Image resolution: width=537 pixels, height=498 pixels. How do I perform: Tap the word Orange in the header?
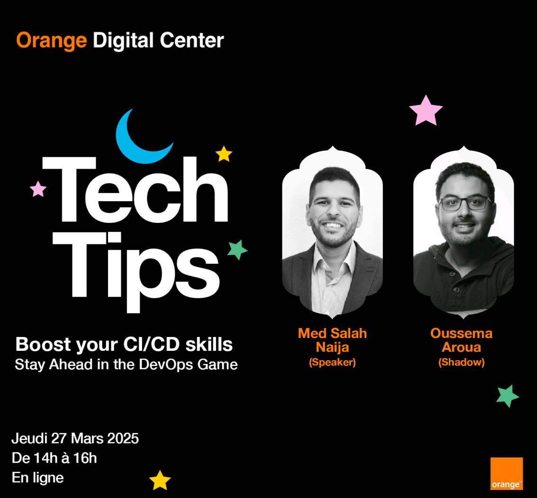[x=51, y=41]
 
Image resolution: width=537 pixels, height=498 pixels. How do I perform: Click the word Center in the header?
[x=192, y=40]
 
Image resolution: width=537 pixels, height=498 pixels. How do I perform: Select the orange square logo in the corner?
[x=507, y=474]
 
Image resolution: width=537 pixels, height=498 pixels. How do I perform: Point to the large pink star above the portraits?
[x=426, y=111]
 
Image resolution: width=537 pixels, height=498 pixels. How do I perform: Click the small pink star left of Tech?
[x=38, y=189]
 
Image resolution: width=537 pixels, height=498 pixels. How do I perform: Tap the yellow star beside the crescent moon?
[x=224, y=154]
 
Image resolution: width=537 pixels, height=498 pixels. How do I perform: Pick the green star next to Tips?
[x=237, y=249]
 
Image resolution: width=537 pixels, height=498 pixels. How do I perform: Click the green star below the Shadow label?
[x=508, y=396]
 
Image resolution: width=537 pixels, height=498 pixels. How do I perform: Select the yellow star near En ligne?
[x=160, y=480]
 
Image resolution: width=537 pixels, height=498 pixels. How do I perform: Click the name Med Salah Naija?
[x=332, y=340]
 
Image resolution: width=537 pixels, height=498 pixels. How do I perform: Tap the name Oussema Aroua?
[x=461, y=340]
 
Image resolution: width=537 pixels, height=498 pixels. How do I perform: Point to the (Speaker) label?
[x=332, y=362]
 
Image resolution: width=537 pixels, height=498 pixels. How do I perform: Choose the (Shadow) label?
[x=461, y=362]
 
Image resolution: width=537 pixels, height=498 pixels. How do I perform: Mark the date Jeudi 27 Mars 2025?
[x=75, y=438]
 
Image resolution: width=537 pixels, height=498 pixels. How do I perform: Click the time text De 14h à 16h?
[x=54, y=458]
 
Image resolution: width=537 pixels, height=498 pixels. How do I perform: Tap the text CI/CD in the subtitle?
[x=152, y=345]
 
